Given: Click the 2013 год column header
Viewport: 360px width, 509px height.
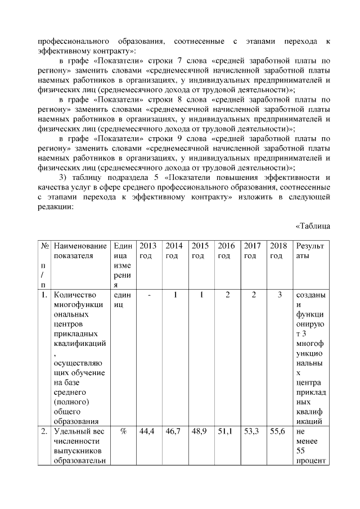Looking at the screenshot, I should click(148, 251).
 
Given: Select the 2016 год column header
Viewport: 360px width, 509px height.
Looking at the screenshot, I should click(227, 251).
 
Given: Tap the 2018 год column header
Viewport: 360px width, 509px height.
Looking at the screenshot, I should click(279, 251).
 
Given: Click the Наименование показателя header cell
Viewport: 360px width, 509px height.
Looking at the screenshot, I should click(79, 251).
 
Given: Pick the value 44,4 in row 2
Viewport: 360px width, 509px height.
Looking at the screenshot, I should click(148, 431).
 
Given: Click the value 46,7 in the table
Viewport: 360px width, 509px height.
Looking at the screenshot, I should click(174, 431).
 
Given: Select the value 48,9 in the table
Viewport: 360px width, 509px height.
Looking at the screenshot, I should click(200, 431).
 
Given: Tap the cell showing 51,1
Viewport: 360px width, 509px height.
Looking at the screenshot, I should click(227, 431).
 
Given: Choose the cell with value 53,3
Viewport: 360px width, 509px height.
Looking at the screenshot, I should click(253, 431).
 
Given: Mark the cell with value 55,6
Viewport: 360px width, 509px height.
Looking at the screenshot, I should click(279, 431).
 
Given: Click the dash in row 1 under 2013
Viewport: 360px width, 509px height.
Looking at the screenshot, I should click(148, 295).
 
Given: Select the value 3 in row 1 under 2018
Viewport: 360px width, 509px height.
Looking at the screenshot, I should click(280, 295).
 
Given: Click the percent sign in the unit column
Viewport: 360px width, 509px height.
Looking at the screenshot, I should click(122, 431).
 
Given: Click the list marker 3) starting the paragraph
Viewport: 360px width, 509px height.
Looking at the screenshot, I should click(63, 176).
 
